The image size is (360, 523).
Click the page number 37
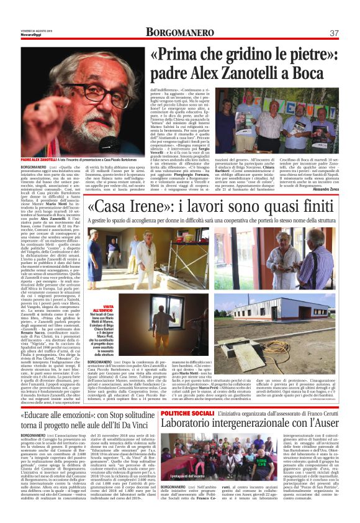coord(334,33)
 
